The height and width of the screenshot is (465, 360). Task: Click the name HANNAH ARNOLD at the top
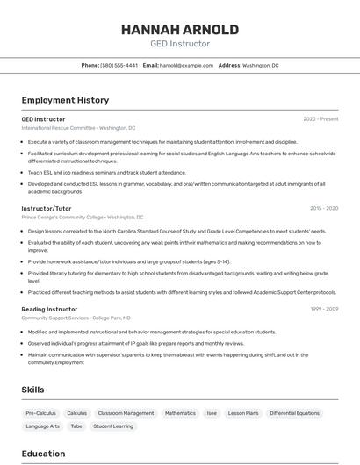(179, 30)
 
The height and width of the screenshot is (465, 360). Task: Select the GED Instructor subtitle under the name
(179, 44)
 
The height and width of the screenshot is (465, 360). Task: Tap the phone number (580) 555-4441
(119, 65)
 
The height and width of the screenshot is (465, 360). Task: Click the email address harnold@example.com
(186, 65)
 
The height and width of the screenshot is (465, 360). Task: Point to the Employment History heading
(65, 100)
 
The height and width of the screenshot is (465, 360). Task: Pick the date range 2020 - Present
(320, 119)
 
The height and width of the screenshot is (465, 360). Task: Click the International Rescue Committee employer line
(78, 128)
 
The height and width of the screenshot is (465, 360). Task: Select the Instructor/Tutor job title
(47, 209)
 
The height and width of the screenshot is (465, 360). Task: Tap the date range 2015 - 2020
(324, 209)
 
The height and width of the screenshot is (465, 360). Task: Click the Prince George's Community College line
(82, 217)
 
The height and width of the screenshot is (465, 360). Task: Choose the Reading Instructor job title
(49, 309)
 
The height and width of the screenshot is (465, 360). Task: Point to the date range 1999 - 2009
(324, 309)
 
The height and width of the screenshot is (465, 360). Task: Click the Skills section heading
(32, 390)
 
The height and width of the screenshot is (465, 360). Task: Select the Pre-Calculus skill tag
(40, 412)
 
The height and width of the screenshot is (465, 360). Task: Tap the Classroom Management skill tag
(126, 412)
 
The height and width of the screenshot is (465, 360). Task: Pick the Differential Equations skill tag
(294, 412)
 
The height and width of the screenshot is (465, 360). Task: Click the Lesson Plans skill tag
(243, 412)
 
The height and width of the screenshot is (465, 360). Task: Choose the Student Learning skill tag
(113, 426)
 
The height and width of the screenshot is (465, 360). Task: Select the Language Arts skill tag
(42, 426)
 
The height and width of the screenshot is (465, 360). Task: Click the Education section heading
(43, 454)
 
